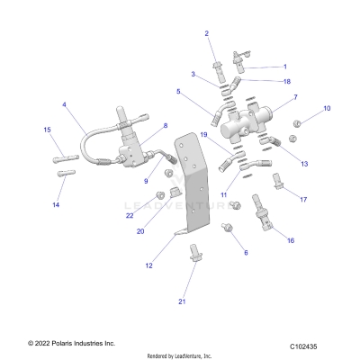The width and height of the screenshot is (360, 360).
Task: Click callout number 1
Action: point(285,67)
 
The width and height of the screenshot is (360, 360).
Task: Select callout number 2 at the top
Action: point(206,33)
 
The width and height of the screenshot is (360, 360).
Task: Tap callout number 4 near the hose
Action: point(64,104)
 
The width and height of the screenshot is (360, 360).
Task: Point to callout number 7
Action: point(295,96)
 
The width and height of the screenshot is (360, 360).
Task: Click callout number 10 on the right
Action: point(327,108)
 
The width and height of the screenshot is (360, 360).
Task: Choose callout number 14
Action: point(56,205)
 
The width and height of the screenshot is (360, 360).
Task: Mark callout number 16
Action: point(291,241)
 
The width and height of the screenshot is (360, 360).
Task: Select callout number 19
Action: point(203,136)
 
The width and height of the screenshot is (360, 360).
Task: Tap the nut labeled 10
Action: point(305,118)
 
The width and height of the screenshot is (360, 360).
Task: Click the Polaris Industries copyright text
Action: point(58,344)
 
